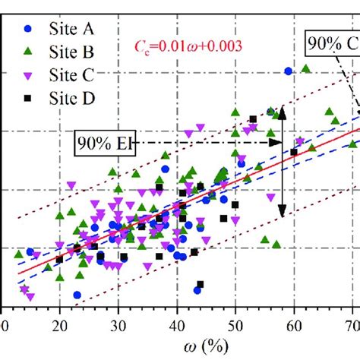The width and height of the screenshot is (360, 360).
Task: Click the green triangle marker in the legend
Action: coord(29,52)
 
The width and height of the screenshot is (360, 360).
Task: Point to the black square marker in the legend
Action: coord(29,97)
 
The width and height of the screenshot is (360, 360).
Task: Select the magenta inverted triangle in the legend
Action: coord(29,74)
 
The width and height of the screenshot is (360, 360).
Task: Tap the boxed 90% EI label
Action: coord(103,142)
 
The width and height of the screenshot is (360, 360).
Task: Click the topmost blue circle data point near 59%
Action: coord(288,71)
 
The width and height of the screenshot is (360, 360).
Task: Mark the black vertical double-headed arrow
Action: coord(282,162)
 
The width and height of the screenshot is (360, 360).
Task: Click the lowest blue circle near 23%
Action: coord(77,295)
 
